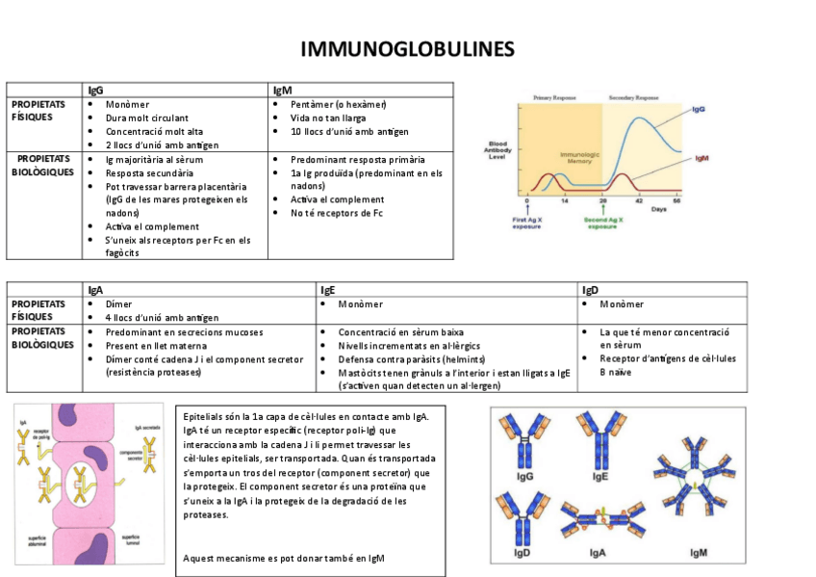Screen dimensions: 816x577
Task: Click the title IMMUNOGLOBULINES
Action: (407, 49)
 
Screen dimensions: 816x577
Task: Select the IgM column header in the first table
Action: (282, 90)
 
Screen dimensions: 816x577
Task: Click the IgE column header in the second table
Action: (327, 289)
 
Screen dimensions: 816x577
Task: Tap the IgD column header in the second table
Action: (591, 289)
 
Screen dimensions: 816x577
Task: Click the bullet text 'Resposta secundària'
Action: (144, 173)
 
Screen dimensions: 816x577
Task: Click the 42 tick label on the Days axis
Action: (639, 200)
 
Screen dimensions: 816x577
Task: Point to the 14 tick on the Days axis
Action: (564, 200)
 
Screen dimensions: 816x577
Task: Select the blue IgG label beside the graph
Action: (699, 110)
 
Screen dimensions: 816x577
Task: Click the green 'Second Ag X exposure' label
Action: (602, 223)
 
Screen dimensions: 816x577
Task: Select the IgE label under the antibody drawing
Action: (599, 477)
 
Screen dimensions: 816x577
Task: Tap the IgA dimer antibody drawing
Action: (598, 520)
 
